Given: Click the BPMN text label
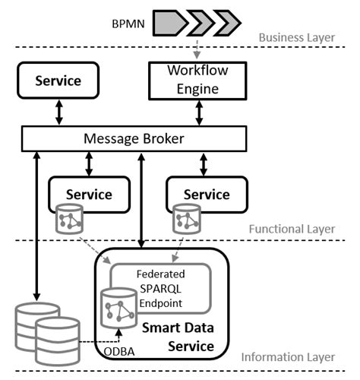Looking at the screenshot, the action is tap(128, 24).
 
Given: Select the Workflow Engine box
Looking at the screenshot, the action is tap(197, 81).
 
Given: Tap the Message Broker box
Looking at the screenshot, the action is tap(134, 138).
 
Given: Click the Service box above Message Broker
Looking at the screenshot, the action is tap(58, 81).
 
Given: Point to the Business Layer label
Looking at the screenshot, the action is tap(297, 37).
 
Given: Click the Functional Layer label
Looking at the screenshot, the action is tap(292, 229).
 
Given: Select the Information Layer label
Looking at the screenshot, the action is tap(288, 357).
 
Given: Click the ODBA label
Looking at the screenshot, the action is tap(119, 352).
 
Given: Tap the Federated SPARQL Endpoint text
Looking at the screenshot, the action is tap(160, 289).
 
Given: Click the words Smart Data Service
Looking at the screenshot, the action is tap(178, 337).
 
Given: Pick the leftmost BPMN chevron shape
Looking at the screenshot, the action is tap(171, 23).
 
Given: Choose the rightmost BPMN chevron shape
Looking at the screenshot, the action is tap(227, 23).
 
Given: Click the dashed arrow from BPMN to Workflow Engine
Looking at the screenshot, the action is tap(197, 49).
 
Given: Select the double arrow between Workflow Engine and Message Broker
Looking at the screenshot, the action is tap(199, 112).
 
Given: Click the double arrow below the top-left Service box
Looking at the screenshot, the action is tap(59, 112).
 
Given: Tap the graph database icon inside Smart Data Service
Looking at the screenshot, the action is tap(118, 308).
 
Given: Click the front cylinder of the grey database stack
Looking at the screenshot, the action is tap(58, 340).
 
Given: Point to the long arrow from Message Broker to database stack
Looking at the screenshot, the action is tap(37, 226).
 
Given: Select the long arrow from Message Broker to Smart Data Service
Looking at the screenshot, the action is tap(141, 200).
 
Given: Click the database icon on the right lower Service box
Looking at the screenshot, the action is tap(187, 219).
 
